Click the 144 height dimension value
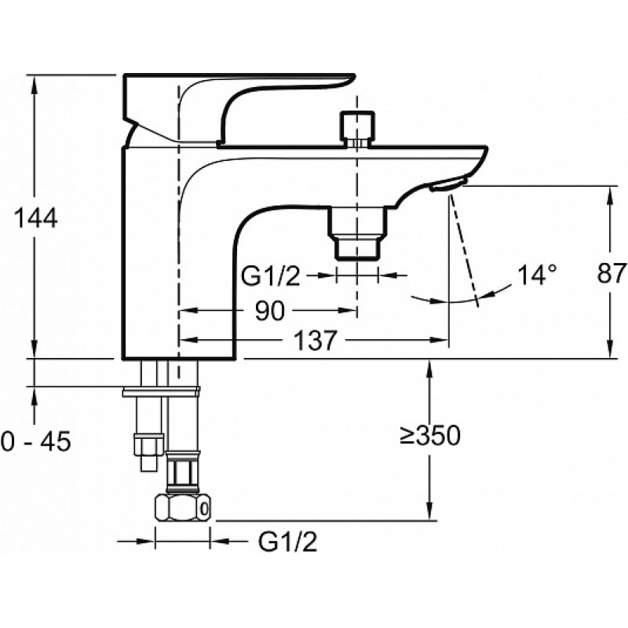pos(35,218)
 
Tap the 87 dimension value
pos(612,273)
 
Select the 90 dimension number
pos(269,310)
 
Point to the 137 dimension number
pos(315,341)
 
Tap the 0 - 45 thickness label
pos(35,441)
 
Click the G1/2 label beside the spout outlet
pos(270,276)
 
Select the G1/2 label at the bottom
pos(287,542)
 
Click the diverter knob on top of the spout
pos(357,129)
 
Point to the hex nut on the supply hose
pos(183,508)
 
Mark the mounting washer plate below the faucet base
pos(161,391)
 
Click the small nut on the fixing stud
pos(149,444)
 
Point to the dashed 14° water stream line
pos(464,250)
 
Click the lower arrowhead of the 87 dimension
pos(610,349)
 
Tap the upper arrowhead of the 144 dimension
pos(35,85)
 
